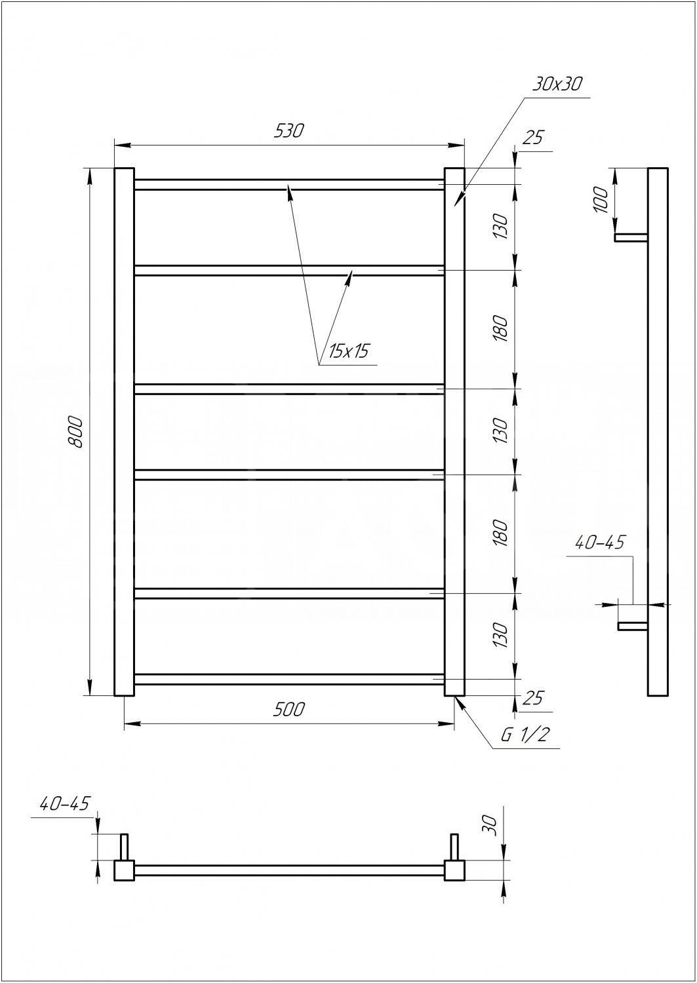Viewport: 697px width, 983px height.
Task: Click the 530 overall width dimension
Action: [x=288, y=131]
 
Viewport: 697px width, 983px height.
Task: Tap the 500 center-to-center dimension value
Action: [x=288, y=710]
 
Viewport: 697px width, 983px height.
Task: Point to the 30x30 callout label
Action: [x=557, y=83]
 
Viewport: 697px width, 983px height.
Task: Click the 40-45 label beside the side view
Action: [x=599, y=543]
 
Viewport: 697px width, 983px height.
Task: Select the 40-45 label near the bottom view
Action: [x=64, y=803]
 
